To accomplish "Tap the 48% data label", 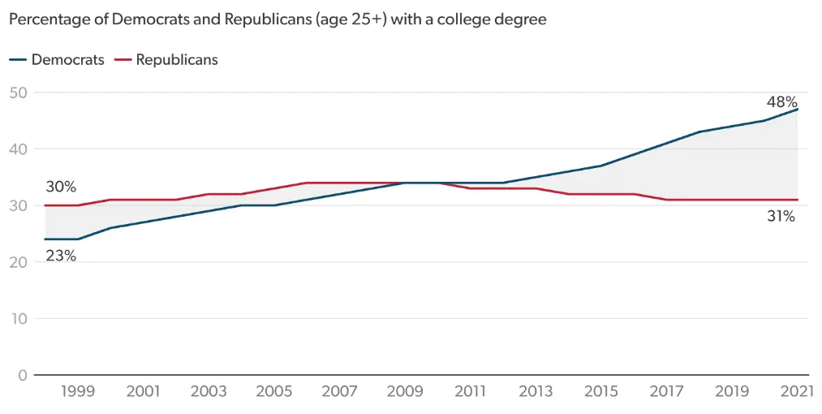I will tap(781, 102).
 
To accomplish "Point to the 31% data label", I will tap(781, 217).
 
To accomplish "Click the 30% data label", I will tap(61, 187).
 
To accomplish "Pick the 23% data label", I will tap(61, 256).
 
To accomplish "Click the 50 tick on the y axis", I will tap(19, 93).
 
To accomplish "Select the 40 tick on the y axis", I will tap(19, 149).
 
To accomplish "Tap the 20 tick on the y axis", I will tap(19, 262).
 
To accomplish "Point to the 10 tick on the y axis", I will tap(19, 319).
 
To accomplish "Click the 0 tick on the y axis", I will tap(23, 375).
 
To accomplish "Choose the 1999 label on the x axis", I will tap(78, 392).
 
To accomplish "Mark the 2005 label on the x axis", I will tap(273, 392).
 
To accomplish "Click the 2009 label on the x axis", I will tap(405, 392).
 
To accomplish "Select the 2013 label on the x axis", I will tap(536, 392).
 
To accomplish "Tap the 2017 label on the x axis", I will tap(666, 392).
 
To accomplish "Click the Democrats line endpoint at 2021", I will tap(798, 110).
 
